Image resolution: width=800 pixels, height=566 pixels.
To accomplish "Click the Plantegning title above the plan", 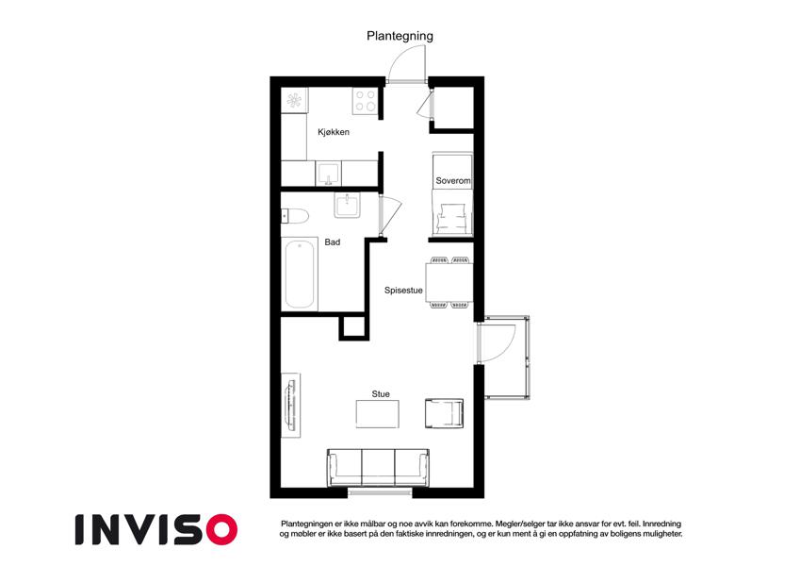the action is click(x=400, y=36).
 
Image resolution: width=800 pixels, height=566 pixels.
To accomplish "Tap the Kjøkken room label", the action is click(x=334, y=132).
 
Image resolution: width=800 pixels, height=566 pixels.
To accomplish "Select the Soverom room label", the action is click(x=453, y=180).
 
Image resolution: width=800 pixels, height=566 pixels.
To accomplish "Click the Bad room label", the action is click(x=332, y=242).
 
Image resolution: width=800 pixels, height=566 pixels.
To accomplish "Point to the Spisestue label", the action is click(x=403, y=291).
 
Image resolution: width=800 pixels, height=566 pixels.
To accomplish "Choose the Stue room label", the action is click(x=381, y=394).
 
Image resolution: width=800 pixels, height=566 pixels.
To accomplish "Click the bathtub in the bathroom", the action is click(x=300, y=275).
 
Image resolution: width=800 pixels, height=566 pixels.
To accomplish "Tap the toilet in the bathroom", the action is click(x=295, y=216).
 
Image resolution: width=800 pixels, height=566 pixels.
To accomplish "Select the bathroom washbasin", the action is click(x=348, y=206).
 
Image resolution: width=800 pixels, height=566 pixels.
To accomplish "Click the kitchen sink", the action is click(x=329, y=174).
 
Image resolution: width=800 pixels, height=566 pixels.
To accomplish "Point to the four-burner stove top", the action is click(x=366, y=101).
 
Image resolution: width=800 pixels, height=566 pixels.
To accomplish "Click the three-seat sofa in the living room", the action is click(x=378, y=467).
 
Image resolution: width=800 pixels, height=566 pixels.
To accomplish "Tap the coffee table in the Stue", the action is click(x=378, y=414).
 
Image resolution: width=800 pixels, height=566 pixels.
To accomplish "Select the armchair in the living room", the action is click(x=445, y=413).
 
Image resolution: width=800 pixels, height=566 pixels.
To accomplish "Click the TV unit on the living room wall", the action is click(x=291, y=405).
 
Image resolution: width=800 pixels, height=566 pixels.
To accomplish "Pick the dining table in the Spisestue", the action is click(x=449, y=282).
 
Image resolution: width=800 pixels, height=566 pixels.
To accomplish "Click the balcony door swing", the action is click(x=497, y=342).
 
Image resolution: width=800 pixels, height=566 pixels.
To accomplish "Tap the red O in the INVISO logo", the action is click(x=222, y=529).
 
